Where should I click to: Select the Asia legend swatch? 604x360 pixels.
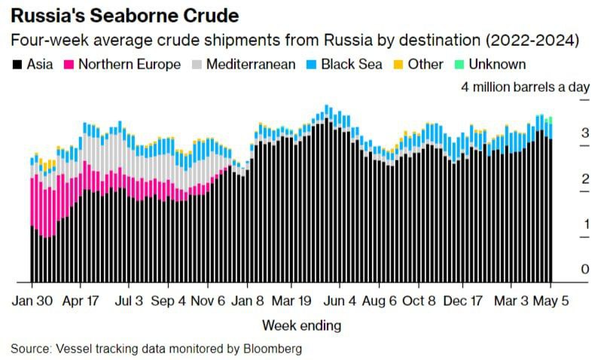pos(17,65)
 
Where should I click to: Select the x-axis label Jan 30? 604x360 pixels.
pos(32,301)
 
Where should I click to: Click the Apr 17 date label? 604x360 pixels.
pos(81,301)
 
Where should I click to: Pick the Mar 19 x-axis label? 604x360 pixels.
pos(291,301)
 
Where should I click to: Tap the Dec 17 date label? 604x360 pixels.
pos(461,301)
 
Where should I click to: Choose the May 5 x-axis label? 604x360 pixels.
pos(551,301)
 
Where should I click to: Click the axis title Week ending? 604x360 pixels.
pos(301,325)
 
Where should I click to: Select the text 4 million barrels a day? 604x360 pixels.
pos(525,87)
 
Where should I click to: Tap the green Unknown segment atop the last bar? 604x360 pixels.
pos(551,119)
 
